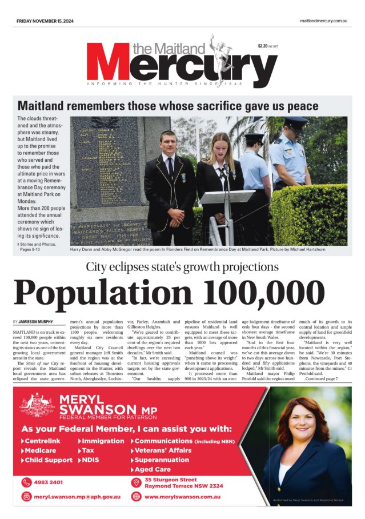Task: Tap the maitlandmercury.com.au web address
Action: [323, 21]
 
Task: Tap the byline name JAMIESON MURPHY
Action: [37, 322]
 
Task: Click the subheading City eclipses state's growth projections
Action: [182, 266]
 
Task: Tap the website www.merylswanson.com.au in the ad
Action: [182, 496]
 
